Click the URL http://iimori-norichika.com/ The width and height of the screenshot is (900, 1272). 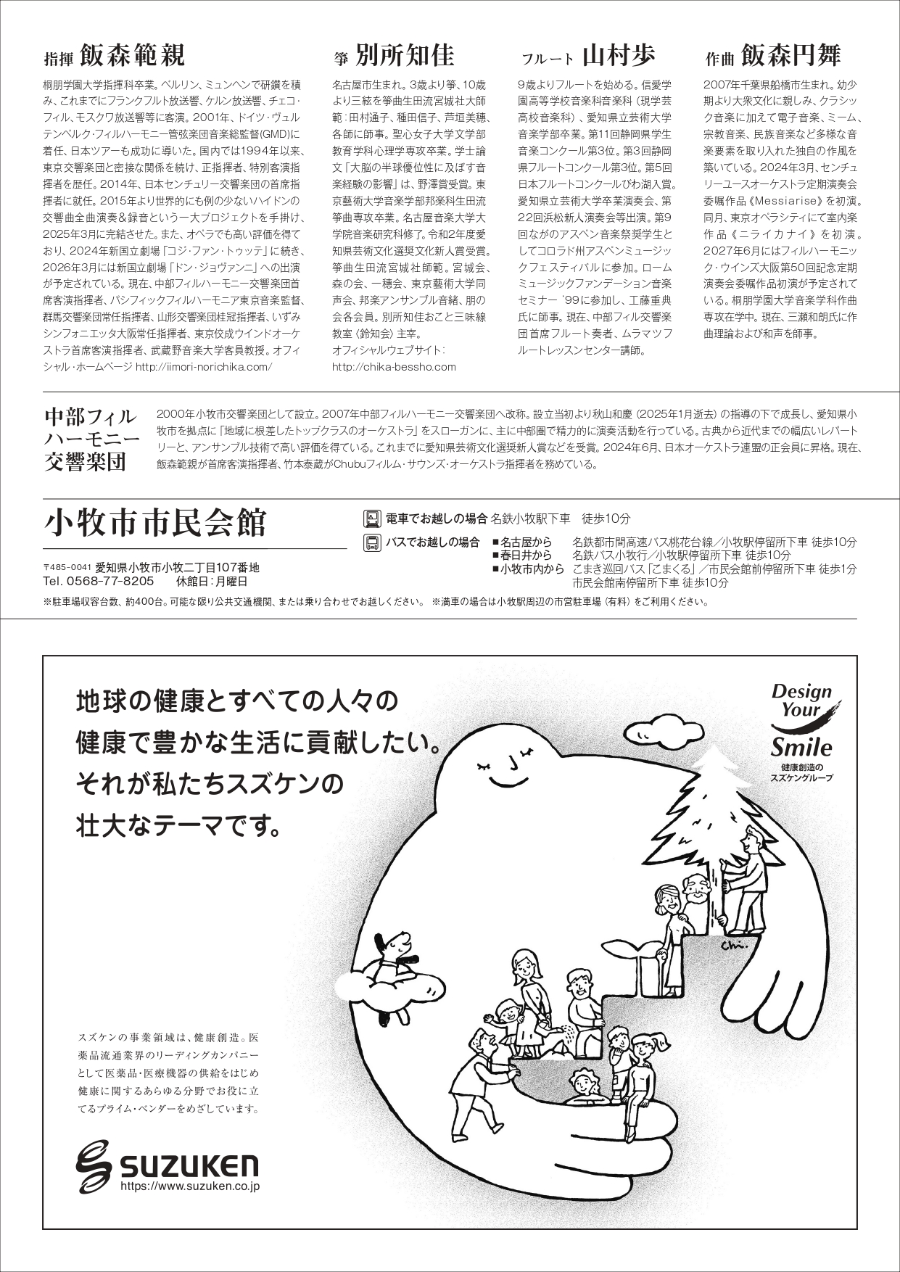(x=204, y=367)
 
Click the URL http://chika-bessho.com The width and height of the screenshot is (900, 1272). (x=394, y=367)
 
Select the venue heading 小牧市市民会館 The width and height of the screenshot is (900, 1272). (x=155, y=521)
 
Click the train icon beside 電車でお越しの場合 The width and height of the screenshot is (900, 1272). (x=371, y=519)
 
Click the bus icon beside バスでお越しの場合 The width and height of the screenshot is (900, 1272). (x=371, y=542)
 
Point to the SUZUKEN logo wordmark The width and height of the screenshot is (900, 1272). (x=168, y=1166)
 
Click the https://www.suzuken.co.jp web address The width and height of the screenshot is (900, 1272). (x=189, y=1187)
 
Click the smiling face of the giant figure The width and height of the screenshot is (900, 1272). (x=507, y=768)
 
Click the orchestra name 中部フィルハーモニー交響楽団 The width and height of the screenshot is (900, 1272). (x=91, y=439)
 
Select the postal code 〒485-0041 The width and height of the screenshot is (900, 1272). (x=67, y=568)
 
